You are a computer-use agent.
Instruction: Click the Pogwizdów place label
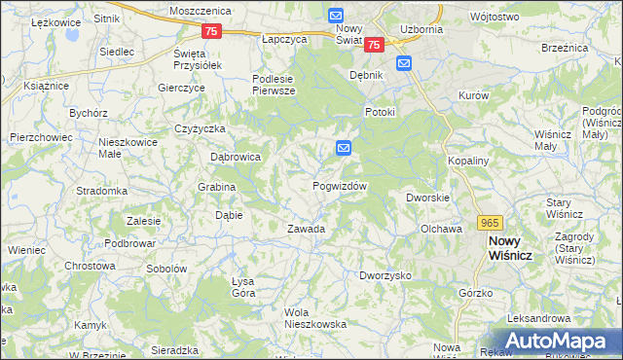pyautogui.click(x=340, y=186)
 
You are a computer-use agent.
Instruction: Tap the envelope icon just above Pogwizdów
pyautogui.click(x=344, y=147)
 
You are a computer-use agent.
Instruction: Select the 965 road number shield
pyautogui.click(x=490, y=223)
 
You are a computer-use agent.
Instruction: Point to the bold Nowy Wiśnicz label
pyautogui.click(x=517, y=248)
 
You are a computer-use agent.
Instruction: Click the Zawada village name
pyautogui.click(x=306, y=230)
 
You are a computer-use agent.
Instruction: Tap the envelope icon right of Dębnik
pyautogui.click(x=404, y=63)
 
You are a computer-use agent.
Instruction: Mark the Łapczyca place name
pyautogui.click(x=285, y=40)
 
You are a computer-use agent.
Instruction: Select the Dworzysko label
pyautogui.click(x=385, y=276)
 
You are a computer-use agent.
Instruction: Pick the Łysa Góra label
pyautogui.click(x=242, y=287)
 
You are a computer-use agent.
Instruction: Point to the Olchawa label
pyautogui.click(x=440, y=230)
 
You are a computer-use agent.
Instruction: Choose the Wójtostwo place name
pyautogui.click(x=521, y=17)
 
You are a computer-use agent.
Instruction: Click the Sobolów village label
pyautogui.click(x=165, y=269)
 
